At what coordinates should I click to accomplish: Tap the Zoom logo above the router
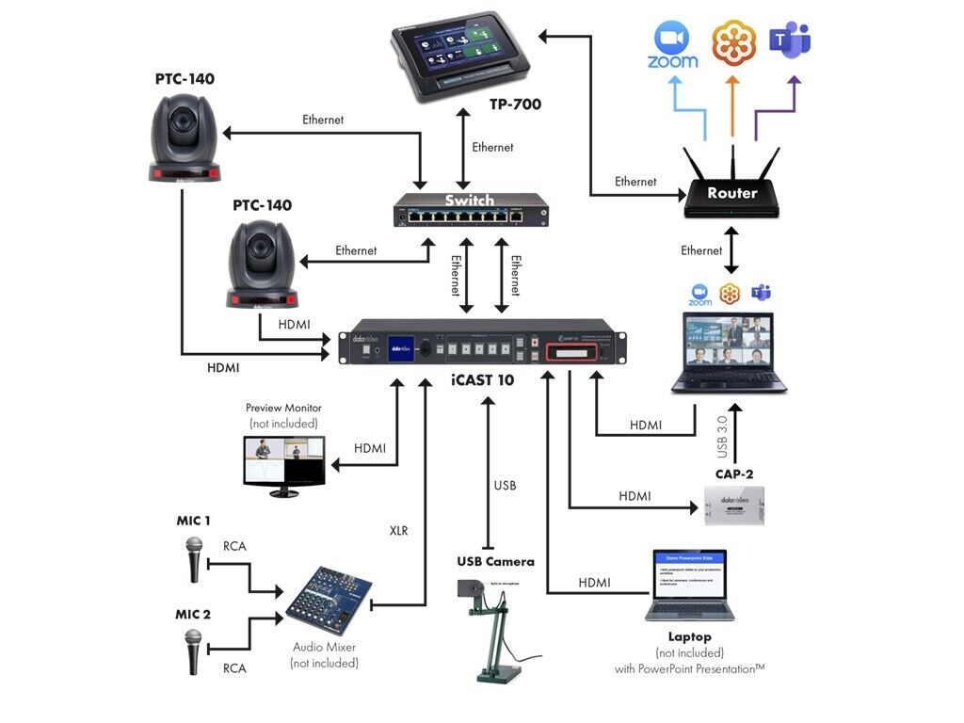[672, 45]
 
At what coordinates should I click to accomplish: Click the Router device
[732, 191]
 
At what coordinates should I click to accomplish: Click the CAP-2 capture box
[734, 506]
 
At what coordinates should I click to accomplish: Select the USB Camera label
[495, 562]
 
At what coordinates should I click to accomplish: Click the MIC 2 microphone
[194, 651]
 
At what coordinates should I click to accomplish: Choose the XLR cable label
[398, 531]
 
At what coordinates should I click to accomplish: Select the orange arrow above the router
[731, 104]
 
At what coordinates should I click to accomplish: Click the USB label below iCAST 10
[505, 486]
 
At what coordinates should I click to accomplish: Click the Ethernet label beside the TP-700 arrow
[492, 147]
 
